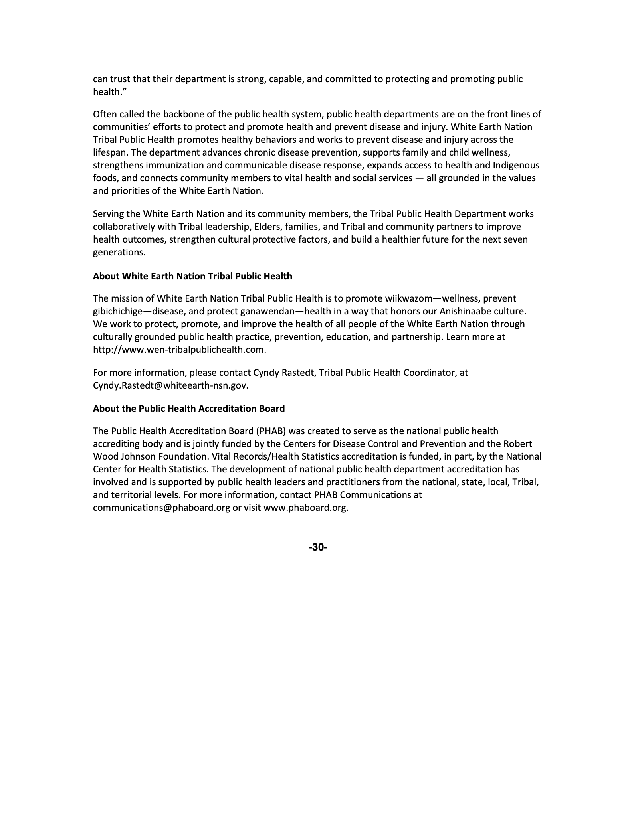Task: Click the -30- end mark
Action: coord(318,547)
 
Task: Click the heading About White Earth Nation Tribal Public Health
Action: coord(192,276)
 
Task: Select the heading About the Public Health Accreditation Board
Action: coord(189,409)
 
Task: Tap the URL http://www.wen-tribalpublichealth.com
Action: coord(179,350)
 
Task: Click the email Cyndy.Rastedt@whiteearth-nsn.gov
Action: coord(170,385)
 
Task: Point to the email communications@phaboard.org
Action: coord(161,508)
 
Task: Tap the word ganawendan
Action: coord(269,311)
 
